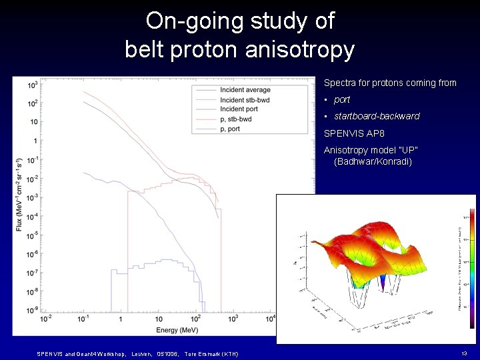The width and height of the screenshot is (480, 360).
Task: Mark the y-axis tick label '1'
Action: (34, 141)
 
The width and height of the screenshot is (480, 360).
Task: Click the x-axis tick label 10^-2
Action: (46, 319)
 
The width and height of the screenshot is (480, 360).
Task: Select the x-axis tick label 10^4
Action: (271, 319)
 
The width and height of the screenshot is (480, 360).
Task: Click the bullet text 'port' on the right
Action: (342, 99)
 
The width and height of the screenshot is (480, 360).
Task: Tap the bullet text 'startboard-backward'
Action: (377, 116)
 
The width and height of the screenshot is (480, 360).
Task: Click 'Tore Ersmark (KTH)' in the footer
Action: (211, 353)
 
